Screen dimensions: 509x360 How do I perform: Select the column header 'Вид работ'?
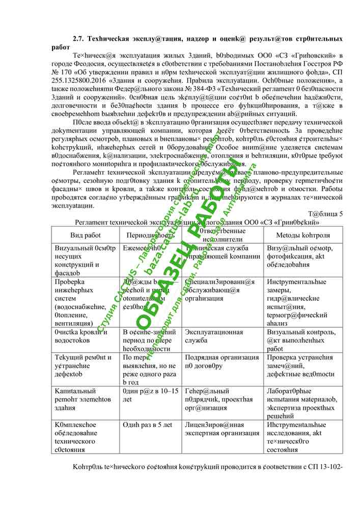coord(86,235)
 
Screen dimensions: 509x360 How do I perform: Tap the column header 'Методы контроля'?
coord(302,235)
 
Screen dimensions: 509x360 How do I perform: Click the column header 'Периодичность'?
coord(150,235)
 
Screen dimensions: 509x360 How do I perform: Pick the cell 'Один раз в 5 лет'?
coord(147,425)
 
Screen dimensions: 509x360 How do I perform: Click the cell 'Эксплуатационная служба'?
coord(213,336)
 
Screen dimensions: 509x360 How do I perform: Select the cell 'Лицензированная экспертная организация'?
coord(222,429)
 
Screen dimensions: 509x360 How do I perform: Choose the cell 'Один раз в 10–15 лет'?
coord(150,395)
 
